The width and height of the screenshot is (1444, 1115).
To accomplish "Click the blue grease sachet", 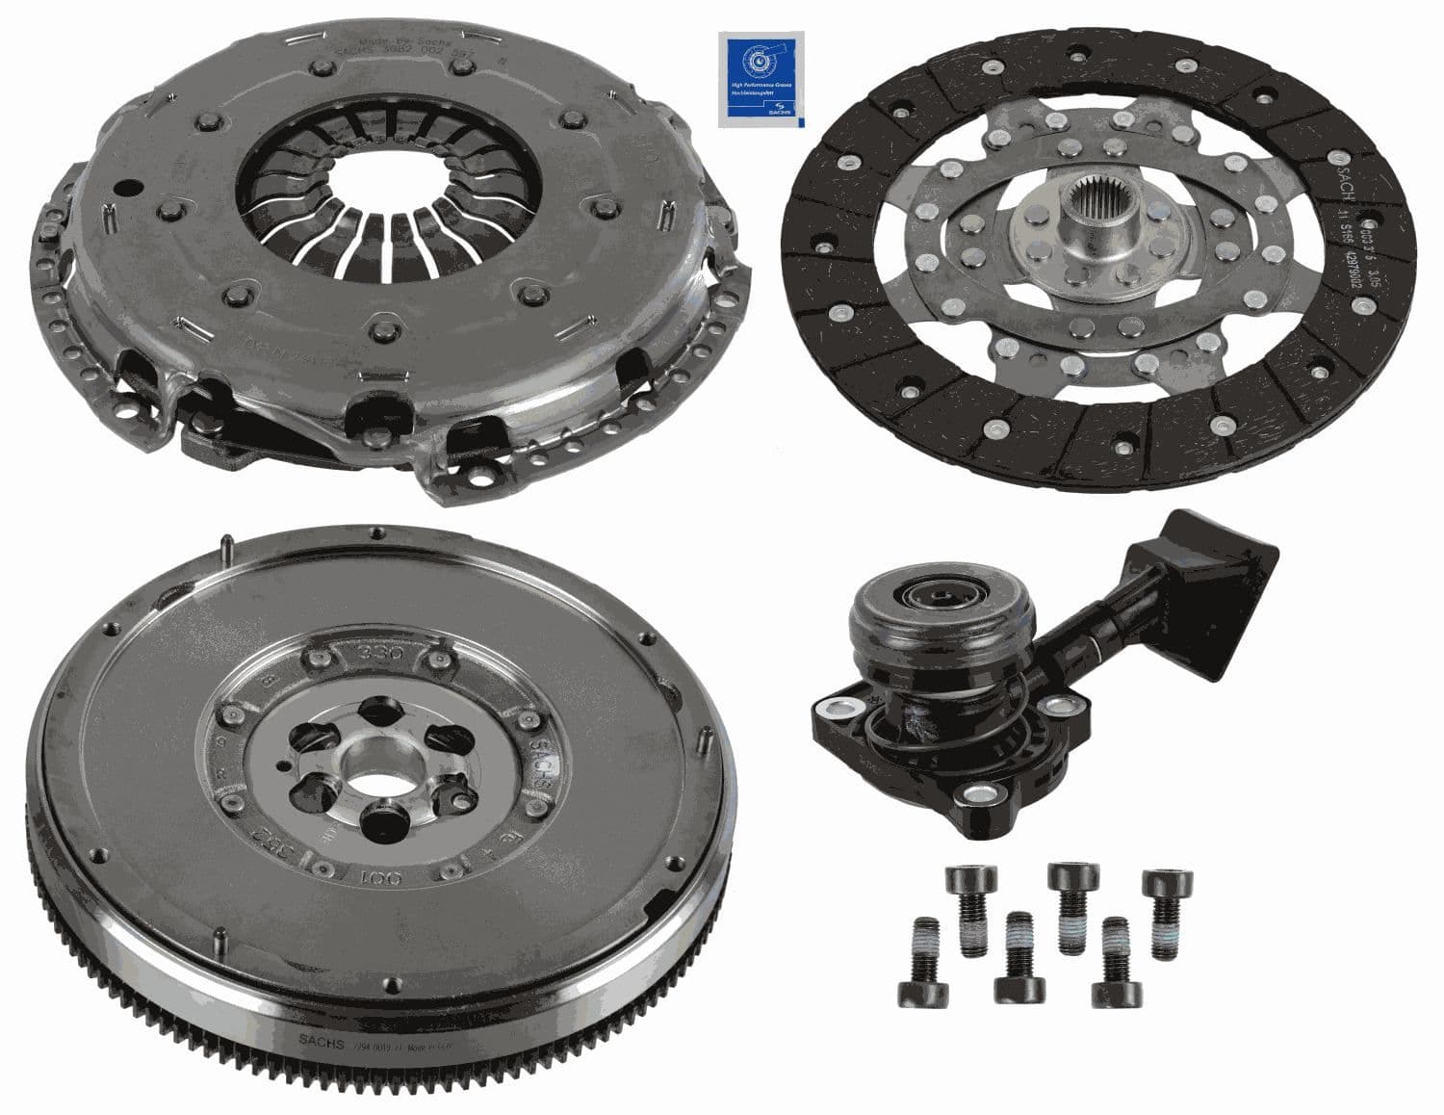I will (x=760, y=79).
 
